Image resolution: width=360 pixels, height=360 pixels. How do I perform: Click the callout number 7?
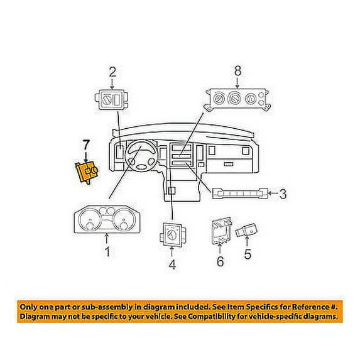85,145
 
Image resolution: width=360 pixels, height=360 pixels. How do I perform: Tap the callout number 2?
112,72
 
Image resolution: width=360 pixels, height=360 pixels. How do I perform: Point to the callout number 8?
237,71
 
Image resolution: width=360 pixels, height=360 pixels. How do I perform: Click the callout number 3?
283,194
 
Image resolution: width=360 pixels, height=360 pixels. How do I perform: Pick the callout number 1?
107,251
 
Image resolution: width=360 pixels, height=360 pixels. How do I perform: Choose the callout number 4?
172,264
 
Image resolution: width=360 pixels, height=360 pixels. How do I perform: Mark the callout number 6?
220,261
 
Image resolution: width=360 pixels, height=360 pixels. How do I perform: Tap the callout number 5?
248,254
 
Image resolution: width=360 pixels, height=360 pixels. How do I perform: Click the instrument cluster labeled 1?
107,220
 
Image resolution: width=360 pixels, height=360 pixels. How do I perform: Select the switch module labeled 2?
112,100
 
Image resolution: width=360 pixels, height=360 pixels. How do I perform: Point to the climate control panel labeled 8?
237,100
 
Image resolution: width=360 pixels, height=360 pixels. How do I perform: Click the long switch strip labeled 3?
240,194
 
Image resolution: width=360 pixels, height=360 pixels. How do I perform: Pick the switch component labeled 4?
172,234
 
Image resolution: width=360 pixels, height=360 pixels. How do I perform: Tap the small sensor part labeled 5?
246,230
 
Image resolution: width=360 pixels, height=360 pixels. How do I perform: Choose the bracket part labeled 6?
221,231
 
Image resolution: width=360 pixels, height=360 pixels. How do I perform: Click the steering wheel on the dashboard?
142,155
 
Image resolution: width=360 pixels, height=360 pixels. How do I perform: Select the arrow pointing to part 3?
273,193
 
